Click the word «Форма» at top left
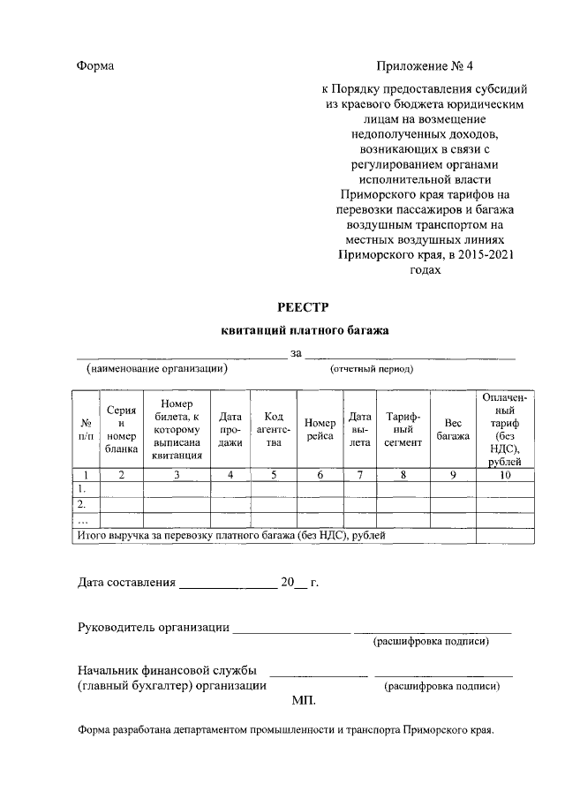tap(95, 66)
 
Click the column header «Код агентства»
tap(274, 430)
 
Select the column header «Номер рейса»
tap(320, 430)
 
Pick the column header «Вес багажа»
tap(452, 430)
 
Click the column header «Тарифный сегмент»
tap(403, 430)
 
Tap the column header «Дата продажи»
tap(230, 430)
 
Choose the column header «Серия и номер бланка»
tap(121, 430)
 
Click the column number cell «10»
tap(504, 475)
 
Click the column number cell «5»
tap(274, 475)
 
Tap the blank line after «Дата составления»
tap(228, 584)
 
